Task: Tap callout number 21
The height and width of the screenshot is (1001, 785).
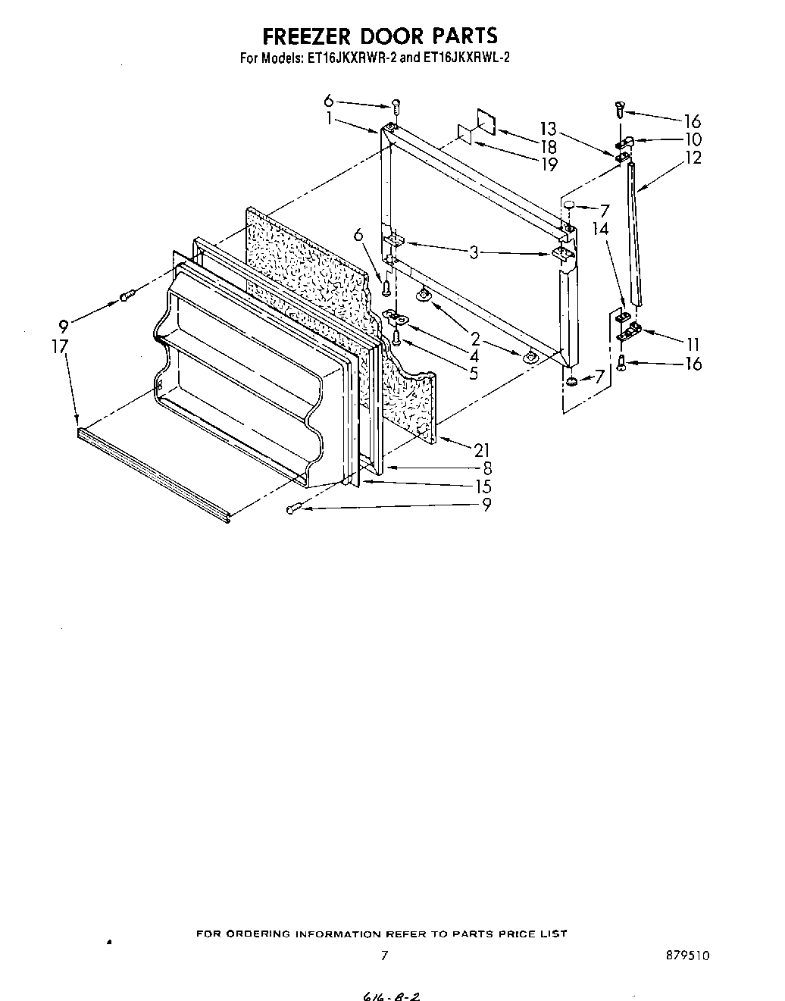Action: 482,450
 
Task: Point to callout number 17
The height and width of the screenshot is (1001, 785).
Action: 60,346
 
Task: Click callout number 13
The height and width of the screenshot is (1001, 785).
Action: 549,128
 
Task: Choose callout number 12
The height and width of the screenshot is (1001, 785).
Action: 693,158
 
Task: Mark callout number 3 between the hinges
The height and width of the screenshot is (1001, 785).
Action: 474,252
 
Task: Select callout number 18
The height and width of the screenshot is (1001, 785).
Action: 549,146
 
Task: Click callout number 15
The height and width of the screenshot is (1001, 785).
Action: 482,486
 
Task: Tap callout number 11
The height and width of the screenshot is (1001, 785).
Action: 693,344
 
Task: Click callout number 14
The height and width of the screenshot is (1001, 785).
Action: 601,227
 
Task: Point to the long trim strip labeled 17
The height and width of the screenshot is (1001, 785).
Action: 152,475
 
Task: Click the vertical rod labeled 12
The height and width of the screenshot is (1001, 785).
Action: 633,235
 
